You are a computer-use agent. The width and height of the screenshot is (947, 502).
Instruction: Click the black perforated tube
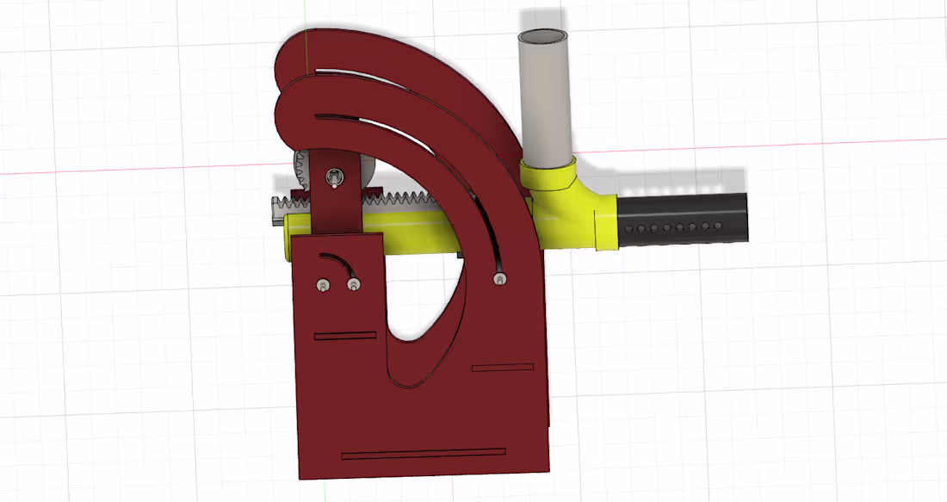tap(680, 219)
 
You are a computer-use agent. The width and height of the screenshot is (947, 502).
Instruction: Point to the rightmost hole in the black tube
tap(718, 226)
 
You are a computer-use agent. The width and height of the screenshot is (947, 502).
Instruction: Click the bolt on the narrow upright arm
tap(333, 178)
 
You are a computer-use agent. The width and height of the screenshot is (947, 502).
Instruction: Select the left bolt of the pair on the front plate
tap(322, 285)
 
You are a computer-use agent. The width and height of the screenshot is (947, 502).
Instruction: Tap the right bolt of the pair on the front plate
tap(353, 283)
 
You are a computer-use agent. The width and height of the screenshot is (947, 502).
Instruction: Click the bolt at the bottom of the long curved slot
tap(499, 279)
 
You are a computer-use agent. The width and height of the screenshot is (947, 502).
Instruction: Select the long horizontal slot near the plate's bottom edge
tap(424, 453)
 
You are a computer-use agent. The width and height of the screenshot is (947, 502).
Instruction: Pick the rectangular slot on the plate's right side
tap(503, 369)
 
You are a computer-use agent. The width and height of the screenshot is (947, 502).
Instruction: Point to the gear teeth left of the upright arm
tap(300, 172)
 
